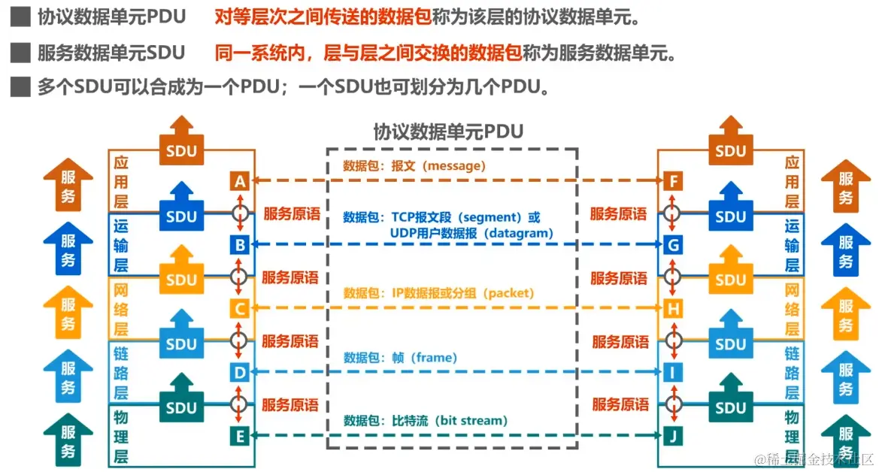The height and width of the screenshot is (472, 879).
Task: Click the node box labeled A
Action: [240, 181]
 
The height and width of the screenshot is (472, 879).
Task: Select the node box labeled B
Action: [240, 244]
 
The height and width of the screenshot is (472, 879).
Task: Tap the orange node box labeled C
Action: [240, 308]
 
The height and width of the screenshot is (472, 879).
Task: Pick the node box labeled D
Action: [240, 372]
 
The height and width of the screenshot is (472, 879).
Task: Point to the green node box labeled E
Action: [240, 435]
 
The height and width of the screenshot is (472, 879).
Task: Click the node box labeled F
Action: [673, 181]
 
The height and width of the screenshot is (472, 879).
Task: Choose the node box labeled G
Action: [673, 244]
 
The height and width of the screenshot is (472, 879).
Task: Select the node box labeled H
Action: [673, 308]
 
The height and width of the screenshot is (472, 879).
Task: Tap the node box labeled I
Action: [673, 372]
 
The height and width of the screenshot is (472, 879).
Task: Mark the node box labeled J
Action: [673, 435]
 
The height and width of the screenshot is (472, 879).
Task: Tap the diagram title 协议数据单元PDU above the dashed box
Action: [449, 132]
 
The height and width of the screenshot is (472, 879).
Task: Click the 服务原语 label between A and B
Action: [291, 213]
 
